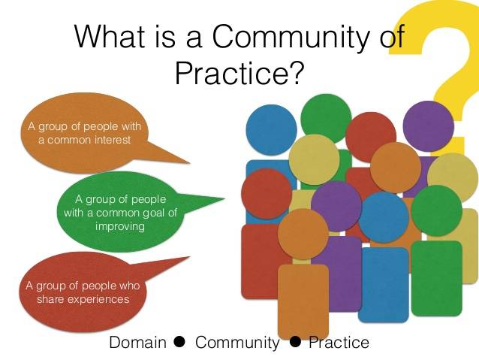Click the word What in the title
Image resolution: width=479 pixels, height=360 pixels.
coord(110,36)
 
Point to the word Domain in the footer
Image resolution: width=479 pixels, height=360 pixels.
coord(138,343)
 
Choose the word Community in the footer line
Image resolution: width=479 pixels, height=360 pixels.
coord(237,343)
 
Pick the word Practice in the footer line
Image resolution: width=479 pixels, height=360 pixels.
coord(339,343)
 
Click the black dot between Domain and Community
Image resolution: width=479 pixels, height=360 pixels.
coord(179,342)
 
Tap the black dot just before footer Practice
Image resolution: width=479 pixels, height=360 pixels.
coord(295,342)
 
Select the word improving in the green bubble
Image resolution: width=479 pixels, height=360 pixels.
coord(120,227)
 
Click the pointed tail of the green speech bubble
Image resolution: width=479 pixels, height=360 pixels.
coord(224,199)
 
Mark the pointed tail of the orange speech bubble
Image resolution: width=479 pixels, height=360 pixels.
coord(189,162)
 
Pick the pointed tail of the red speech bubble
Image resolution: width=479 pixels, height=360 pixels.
coord(189,257)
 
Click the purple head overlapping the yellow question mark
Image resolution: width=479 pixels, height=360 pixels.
coord(428,126)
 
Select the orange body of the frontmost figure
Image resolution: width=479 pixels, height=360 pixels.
coord(303,301)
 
